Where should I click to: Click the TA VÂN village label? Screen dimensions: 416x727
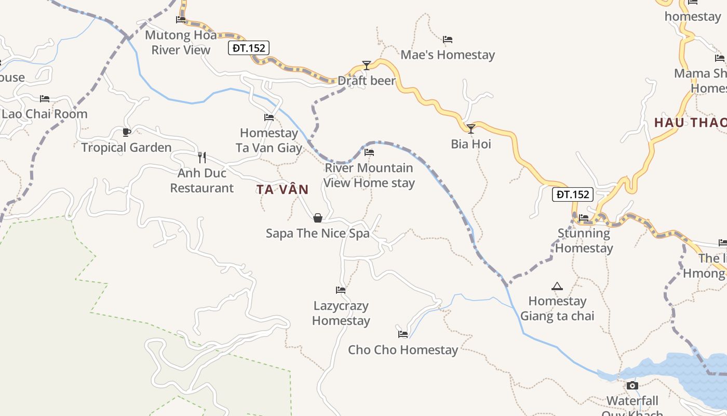pos(282,190)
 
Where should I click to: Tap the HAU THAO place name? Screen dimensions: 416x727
pos(690,123)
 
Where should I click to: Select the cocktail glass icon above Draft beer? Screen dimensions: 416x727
pos(367,66)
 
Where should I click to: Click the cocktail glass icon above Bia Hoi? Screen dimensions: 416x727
pos(471,128)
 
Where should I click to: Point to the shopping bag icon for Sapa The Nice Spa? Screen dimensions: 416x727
pos(318,218)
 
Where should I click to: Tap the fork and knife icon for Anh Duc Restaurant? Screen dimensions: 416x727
pos(202,157)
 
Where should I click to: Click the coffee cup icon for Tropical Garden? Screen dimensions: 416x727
pos(126,132)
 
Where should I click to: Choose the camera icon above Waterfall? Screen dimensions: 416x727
pos(632,385)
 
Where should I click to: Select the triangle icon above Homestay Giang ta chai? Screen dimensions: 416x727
pos(557,286)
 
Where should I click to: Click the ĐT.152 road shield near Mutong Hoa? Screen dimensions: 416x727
pos(249,48)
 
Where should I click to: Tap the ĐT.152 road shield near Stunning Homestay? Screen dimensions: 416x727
pos(572,194)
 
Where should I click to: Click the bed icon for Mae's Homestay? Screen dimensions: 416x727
pos(448,40)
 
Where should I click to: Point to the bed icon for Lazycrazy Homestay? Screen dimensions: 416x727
pos(341,290)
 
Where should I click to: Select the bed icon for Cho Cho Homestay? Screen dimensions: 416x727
pos(403,334)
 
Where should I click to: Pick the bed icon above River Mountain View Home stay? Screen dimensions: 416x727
pos(369,152)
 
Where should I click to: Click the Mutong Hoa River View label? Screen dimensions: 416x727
pos(181,43)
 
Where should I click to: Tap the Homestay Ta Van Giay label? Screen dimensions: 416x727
pos(269,140)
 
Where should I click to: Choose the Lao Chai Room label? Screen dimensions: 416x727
pos(45,114)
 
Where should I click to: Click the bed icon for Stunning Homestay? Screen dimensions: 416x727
pos(584,218)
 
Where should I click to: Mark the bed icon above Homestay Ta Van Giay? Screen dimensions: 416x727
pos(269,118)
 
